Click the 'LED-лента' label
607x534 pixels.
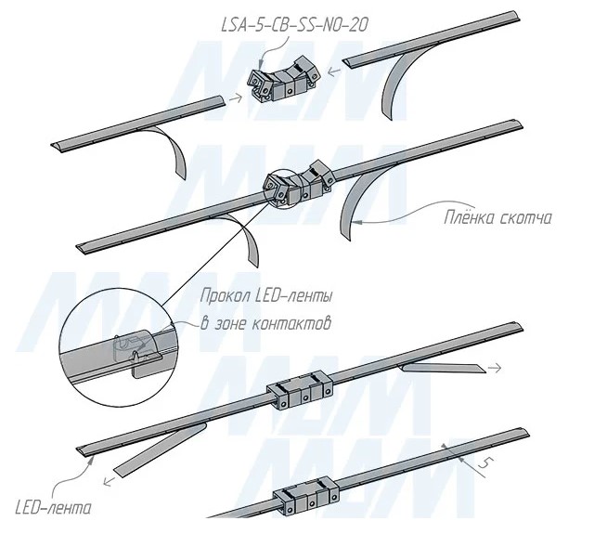(55, 508)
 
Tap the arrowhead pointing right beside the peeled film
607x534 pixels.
(499, 369)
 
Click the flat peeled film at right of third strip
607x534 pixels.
(441, 369)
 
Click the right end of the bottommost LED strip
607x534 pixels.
(524, 432)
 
